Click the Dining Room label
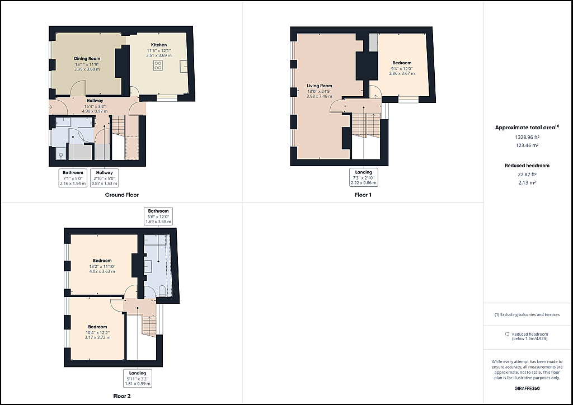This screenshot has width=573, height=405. click(87, 58)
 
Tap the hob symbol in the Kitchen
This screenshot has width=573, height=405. click(158, 65)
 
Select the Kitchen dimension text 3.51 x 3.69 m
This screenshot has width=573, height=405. click(158, 55)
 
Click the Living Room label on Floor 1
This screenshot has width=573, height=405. click(320, 86)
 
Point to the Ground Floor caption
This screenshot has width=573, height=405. click(121, 195)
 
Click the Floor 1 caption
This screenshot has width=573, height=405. click(363, 195)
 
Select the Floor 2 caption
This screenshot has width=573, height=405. click(121, 396)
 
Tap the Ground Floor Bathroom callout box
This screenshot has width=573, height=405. click(73, 178)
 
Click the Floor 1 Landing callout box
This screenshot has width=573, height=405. click(364, 177)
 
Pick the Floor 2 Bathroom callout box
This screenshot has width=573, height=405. click(158, 216)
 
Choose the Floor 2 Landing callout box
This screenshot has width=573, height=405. click(138, 378)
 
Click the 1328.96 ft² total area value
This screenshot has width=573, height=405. click(527, 137)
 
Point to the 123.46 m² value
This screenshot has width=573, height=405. click(527, 145)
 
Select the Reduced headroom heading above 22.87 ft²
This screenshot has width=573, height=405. click(527, 166)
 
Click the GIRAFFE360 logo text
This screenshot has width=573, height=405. click(527, 389)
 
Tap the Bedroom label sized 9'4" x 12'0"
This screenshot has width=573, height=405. click(402, 63)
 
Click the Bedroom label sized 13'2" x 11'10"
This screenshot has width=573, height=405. click(102, 261)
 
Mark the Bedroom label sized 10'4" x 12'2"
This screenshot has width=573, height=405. click(97, 327)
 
